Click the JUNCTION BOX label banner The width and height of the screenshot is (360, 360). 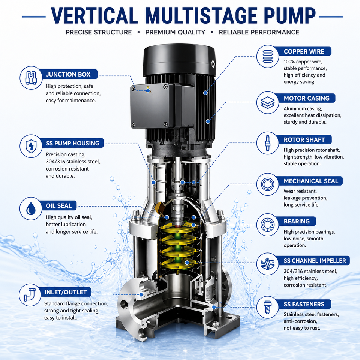tap(68, 74)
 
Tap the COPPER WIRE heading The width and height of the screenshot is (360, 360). tap(304, 52)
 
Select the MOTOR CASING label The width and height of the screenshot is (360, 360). tap(306, 98)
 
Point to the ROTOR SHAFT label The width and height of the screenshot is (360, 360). tap(304, 140)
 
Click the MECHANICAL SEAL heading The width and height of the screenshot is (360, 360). tap(311, 181)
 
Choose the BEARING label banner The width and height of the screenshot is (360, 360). tap(297, 221)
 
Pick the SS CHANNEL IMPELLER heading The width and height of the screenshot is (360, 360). tap(315, 261)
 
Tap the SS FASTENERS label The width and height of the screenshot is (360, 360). tap(304, 304)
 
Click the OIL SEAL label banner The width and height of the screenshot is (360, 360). tap(58, 206)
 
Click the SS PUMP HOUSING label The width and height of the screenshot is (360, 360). tap(72, 143)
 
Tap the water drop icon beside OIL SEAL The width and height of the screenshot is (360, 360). tap(31, 209)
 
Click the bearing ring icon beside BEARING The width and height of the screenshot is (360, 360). tap(267, 225)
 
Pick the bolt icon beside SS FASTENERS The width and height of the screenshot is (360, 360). tap(267, 307)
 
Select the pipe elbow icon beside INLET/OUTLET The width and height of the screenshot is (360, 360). tap(30, 295)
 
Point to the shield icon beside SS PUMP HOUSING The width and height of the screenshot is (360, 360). tap(31, 146)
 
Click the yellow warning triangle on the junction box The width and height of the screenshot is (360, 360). tap(148, 88)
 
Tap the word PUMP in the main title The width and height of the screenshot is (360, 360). tap(289, 16)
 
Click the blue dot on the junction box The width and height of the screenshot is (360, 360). tap(148, 91)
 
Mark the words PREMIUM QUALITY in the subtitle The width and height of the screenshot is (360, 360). tap(175, 32)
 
